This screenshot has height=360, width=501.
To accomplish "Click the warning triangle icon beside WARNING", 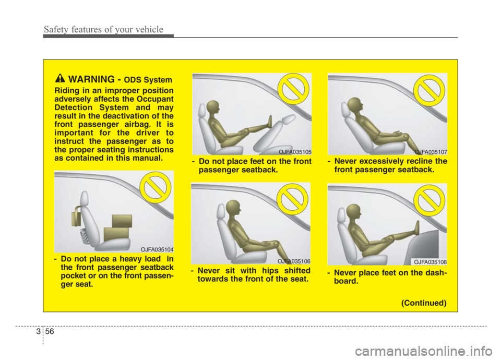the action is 59,78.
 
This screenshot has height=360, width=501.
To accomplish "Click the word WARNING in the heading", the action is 91,79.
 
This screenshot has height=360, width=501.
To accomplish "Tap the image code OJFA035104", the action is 157,249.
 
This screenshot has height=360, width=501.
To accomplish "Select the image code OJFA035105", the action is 295,152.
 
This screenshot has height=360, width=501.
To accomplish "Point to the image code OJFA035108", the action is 431,262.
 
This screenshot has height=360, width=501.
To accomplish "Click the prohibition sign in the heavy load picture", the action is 156,187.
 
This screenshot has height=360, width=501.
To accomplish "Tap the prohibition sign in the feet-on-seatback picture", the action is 293,89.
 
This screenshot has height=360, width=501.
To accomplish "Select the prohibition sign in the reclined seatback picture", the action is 430,91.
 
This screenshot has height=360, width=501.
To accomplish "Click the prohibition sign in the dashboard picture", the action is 430,200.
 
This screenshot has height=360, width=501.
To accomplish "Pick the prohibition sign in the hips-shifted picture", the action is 292,199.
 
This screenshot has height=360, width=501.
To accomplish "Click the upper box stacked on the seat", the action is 122,221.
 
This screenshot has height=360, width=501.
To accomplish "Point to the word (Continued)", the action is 424,303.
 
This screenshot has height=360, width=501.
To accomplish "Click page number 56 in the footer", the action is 50,332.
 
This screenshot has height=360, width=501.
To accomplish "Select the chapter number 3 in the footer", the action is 38,332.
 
